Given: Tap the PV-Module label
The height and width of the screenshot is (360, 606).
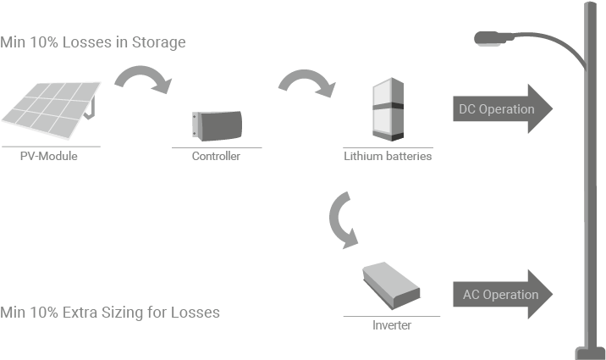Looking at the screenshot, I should coord(48,156).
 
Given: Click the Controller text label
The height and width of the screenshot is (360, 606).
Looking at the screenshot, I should coord(216,157).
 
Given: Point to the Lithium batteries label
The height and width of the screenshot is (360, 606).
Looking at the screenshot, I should coord(387,157).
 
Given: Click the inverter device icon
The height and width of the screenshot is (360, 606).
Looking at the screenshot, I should coord(391,286).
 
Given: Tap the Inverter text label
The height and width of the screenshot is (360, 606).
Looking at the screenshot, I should coord(392,325).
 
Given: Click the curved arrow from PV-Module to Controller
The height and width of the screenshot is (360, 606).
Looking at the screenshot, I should coord(142,80).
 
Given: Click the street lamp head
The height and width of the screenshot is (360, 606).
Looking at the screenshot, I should coord(489,37).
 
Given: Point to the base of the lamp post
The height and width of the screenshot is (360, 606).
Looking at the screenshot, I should coord(589,352).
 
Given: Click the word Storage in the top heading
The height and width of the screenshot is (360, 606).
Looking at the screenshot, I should coord(159,42).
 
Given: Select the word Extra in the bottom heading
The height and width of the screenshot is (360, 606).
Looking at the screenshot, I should coord(85,313).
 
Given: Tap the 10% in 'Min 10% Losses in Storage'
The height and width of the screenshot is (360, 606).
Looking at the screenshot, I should coord(42,42).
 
